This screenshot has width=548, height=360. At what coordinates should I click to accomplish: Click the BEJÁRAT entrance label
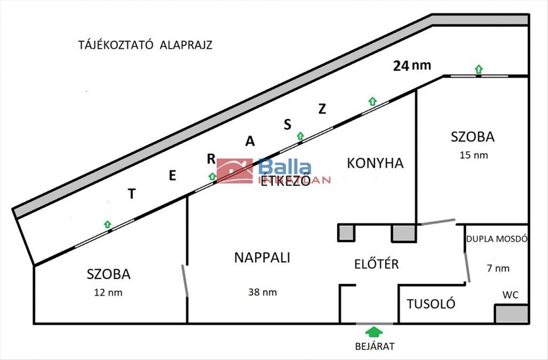pyautogui.click(x=374, y=346)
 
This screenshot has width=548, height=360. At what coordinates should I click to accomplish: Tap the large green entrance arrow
pyautogui.click(x=374, y=331)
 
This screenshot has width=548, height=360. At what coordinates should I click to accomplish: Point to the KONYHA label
pyautogui.click(x=375, y=163)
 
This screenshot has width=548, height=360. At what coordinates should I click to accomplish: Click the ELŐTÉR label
pyautogui.click(x=376, y=264)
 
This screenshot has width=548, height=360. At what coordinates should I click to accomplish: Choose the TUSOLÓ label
pyautogui.click(x=431, y=304)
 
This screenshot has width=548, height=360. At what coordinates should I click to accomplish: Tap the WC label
pyautogui.click(x=510, y=295)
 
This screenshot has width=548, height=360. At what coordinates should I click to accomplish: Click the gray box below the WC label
pyautogui.click(x=511, y=314)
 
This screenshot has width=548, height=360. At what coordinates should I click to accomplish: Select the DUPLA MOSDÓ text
pyautogui.click(x=497, y=238)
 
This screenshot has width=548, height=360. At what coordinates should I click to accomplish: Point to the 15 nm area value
pyautogui.click(x=473, y=155)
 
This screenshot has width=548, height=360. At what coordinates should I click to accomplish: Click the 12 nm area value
pyautogui.click(x=108, y=292)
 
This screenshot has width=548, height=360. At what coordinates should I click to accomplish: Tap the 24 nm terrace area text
pyautogui.click(x=412, y=65)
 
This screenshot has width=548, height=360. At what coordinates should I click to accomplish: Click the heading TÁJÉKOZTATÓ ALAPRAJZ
pyautogui.click(x=145, y=46)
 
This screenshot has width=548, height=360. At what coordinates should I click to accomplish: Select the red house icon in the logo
pyautogui.click(x=235, y=171)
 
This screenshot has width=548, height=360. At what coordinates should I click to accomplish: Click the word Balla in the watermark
pyautogui.click(x=285, y=168)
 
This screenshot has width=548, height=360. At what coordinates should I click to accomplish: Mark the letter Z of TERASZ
pyautogui.click(x=322, y=109)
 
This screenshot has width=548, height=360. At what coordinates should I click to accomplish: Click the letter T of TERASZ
pyautogui.click(x=132, y=194)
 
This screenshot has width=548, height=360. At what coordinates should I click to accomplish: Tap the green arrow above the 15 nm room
pyautogui.click(x=478, y=69)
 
